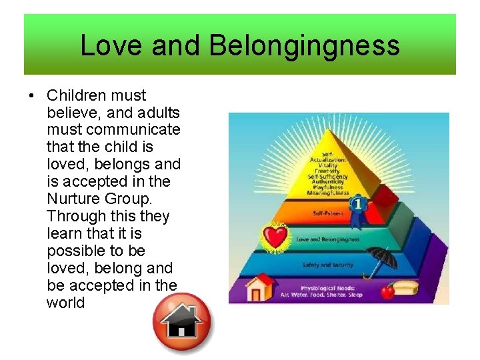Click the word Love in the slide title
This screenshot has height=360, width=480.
pos(111,45)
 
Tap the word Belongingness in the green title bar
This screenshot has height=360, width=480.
pos(304,45)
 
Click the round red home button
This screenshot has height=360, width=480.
pos(181,323)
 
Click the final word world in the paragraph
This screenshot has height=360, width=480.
pos(66,303)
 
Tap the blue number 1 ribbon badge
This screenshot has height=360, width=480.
pos(359,203)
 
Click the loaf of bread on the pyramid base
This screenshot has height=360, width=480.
pos(407,289)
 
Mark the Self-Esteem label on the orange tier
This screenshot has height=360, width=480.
pos(328,213)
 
